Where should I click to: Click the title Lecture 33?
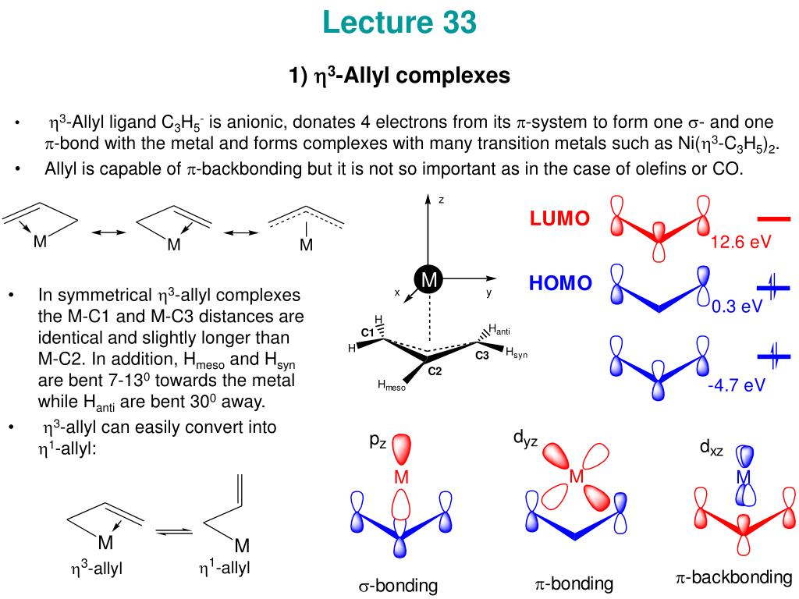pos(399,23)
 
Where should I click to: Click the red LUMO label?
pos(559,219)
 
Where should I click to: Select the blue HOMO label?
pos(560,283)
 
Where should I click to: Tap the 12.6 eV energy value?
pos(740,243)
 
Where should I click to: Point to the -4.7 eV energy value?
pos(736,385)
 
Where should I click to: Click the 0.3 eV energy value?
pos(737,306)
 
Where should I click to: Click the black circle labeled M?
pos(428,279)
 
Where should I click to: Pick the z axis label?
pos(441,200)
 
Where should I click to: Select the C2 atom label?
pos(435,371)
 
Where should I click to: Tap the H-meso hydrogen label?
pos(392,385)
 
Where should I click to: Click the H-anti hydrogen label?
pos(499,329)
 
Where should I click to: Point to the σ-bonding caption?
pos(398,586)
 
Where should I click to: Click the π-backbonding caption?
pos(733,577)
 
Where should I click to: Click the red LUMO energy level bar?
pos(773,219)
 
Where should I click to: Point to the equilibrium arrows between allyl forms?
pos(173,532)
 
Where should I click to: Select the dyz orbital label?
pos(525,441)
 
